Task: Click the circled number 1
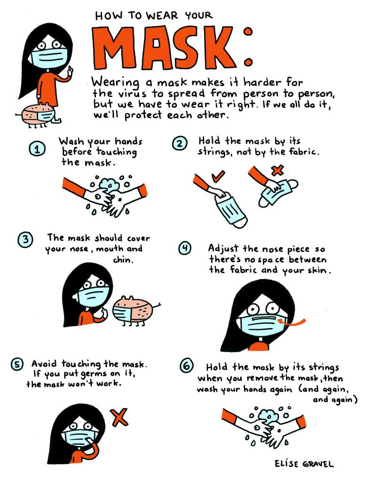click(x=37, y=149)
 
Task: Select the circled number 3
click(x=25, y=240)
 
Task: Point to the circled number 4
click(x=184, y=248)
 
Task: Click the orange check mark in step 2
click(x=217, y=177)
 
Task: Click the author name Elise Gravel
click(x=304, y=464)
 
